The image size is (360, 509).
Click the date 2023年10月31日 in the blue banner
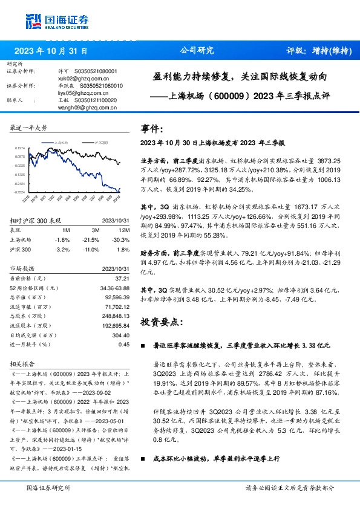click(x=51, y=51)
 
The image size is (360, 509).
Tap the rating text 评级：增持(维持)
click(x=319, y=51)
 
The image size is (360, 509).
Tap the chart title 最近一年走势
click(x=29, y=128)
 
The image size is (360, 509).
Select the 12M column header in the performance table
click(x=124, y=230)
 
